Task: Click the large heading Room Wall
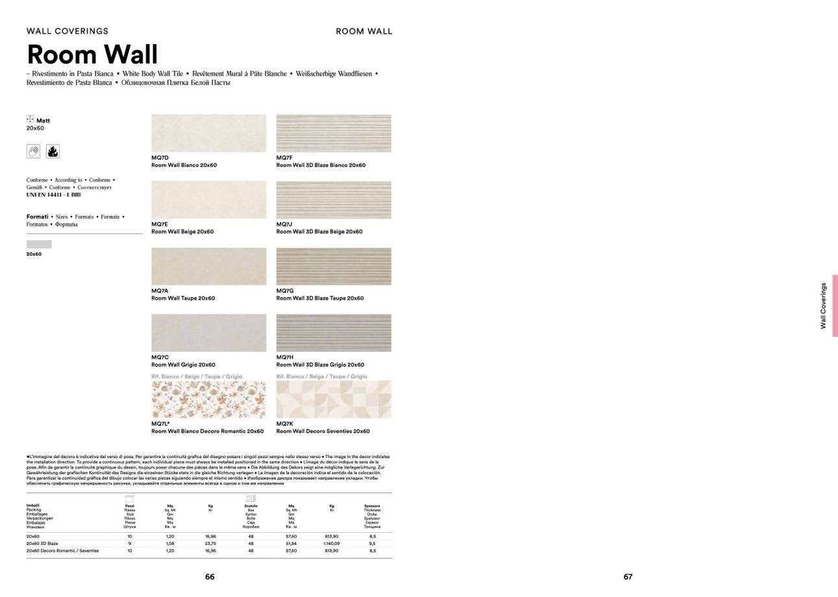tap(92, 54)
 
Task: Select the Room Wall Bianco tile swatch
tap(208, 133)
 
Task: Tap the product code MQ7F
tap(284, 158)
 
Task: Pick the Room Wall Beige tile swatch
tap(208, 200)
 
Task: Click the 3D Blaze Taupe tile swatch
tap(334, 266)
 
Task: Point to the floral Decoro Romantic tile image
tap(208, 399)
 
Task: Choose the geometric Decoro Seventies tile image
tap(334, 399)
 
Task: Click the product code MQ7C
tap(160, 357)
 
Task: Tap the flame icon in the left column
tap(53, 152)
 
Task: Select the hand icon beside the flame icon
tap(34, 152)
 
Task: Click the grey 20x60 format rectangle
tap(39, 244)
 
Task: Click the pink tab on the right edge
tap(835, 305)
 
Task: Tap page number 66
tap(210, 576)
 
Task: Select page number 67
tap(628, 576)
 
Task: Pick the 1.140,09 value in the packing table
tap(332, 543)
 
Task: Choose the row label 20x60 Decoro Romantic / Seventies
tap(62, 550)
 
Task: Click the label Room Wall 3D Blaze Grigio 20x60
tap(320, 365)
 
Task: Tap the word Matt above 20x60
tap(43, 120)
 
